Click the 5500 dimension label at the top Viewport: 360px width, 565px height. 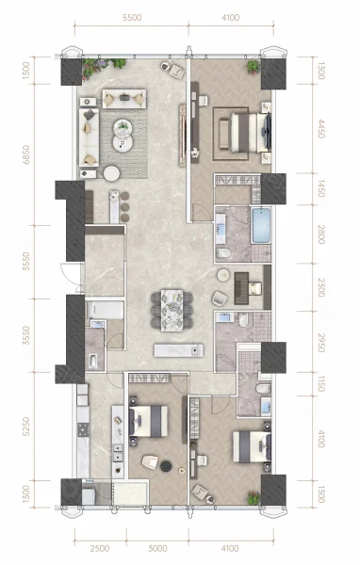coord(132,18)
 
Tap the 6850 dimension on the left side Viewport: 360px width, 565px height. coord(26,155)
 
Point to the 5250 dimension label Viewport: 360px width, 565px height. coord(26,427)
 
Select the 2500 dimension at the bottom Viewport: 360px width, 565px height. coord(100,548)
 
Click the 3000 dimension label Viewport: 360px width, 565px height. coord(157,548)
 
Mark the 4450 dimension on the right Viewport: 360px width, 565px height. coord(320,129)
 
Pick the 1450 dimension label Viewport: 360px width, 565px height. coord(320,189)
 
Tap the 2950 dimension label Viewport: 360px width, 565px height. coord(320,343)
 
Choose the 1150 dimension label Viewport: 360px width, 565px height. coord(320,384)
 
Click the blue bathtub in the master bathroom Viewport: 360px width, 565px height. coord(261,225)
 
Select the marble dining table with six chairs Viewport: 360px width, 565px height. coord(172,310)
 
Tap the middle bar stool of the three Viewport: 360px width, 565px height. coord(124,207)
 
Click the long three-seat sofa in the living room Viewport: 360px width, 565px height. coord(89,137)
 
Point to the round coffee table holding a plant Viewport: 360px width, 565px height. coord(123,126)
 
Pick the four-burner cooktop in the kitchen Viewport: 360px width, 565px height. coord(83,430)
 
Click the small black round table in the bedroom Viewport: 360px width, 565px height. coord(166,466)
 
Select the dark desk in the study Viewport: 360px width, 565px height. coord(241,288)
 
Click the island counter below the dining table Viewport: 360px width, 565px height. coord(178,350)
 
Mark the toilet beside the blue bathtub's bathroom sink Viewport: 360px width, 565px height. coord(223,253)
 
